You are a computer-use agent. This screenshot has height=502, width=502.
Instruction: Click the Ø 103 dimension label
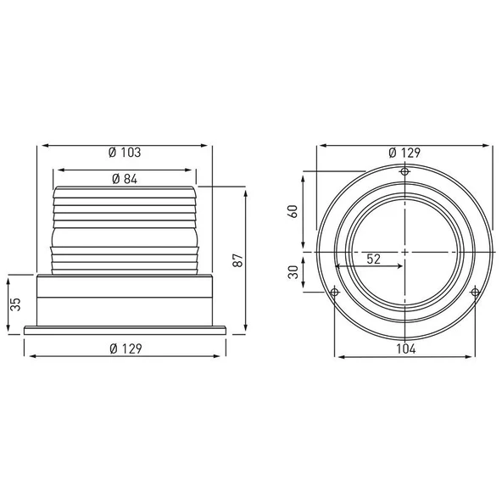click(125, 153)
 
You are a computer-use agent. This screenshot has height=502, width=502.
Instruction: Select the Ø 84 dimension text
click(126, 178)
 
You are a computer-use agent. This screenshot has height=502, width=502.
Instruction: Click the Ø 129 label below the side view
click(126, 349)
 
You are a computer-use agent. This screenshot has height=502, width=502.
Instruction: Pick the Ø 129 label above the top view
click(404, 153)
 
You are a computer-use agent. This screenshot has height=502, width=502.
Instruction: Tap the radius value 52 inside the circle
click(373, 259)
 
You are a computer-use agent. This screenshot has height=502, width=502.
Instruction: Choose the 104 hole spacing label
click(404, 349)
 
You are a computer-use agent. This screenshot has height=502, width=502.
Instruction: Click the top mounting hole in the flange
click(404, 172)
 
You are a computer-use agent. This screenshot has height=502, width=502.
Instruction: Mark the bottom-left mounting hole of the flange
click(334, 293)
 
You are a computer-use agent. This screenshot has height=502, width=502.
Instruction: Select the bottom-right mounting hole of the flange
click(475, 293)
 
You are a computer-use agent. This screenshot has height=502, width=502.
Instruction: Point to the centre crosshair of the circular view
click(404, 252)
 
